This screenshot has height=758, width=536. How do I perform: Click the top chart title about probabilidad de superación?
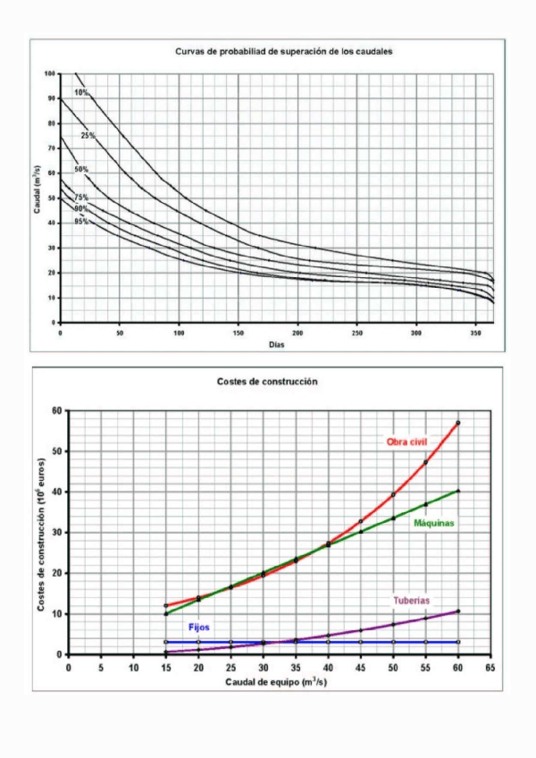pos(284,52)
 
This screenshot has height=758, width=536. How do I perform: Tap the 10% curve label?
pos(80,92)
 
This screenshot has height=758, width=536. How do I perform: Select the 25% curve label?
pos(88,136)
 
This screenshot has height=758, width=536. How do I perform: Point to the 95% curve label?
pos(80,221)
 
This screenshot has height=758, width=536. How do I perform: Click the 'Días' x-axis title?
pos(276,344)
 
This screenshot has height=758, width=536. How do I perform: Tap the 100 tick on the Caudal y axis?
pos(50,73)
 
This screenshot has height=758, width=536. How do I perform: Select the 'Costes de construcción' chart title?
pos(267,382)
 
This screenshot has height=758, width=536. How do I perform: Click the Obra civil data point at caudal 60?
pos(458,423)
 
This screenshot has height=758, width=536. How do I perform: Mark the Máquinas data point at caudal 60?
pos(458,491)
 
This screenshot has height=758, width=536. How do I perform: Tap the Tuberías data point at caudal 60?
pos(458,611)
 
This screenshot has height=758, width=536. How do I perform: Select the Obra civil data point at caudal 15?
pos(165,606)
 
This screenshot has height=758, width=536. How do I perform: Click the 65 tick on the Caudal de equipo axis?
pos(490,667)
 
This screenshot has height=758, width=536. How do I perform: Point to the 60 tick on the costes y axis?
pos(58,411)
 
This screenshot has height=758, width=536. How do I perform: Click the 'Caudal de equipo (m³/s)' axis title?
pos(276,681)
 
